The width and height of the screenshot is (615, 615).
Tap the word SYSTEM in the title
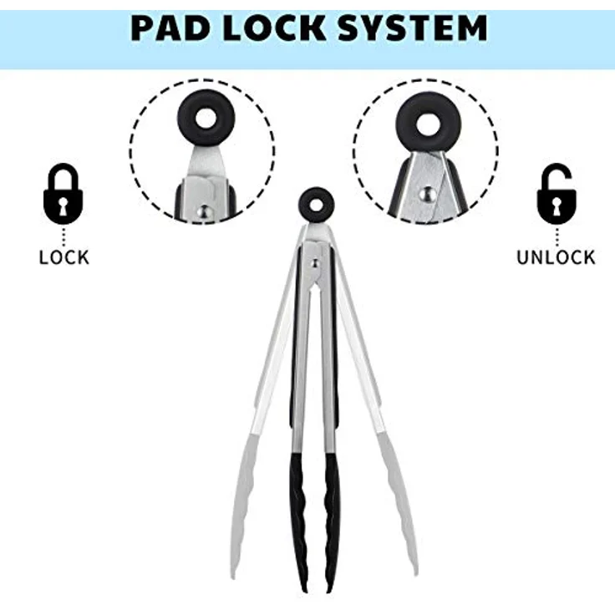[x=412, y=28]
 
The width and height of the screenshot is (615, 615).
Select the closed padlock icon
[x=64, y=193]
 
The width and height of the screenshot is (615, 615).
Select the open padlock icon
[x=557, y=193]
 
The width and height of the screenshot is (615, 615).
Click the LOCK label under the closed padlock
[x=64, y=257]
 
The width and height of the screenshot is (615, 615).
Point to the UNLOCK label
[x=556, y=257]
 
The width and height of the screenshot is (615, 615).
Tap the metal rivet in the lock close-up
[x=205, y=213]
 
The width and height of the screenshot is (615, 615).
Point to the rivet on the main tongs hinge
[x=315, y=263]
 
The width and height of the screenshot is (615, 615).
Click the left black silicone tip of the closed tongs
[x=299, y=521]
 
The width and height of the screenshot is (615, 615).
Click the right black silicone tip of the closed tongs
[x=333, y=521]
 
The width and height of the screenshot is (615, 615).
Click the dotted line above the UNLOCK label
[x=557, y=236]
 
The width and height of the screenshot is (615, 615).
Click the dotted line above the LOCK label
[x=64, y=236]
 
